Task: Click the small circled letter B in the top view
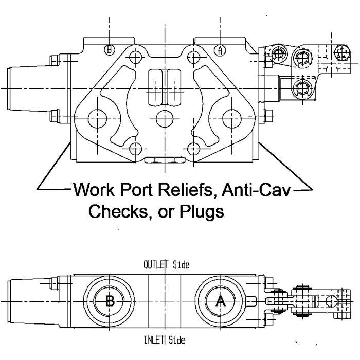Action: pyautogui.click(x=109, y=50)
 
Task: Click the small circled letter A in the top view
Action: pyautogui.click(x=220, y=50)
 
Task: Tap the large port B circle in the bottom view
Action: pyautogui.click(x=110, y=301)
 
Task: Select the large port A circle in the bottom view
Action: pyautogui.click(x=220, y=301)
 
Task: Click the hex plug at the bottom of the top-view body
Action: pyautogui.click(x=164, y=160)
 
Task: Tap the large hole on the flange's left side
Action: pyautogui.click(x=97, y=118)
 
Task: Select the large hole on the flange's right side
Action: pyautogui.click(x=231, y=118)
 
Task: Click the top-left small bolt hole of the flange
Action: pyautogui.click(x=136, y=57)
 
